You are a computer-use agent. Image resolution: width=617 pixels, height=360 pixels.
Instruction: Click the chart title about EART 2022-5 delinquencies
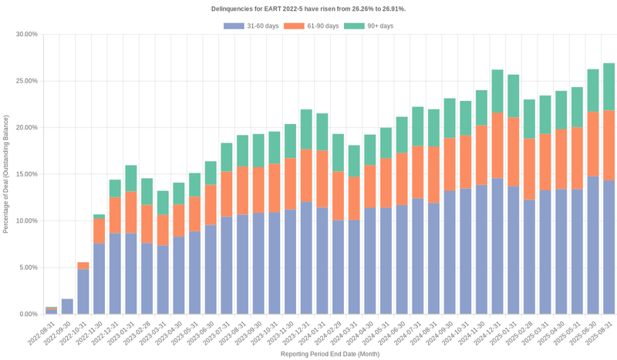[308, 8]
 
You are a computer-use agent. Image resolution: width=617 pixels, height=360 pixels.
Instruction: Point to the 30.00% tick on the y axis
[26, 34]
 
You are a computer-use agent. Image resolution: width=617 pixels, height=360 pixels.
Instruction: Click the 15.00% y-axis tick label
[26, 174]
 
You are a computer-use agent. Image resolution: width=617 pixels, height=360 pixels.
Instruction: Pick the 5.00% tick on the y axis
[28, 267]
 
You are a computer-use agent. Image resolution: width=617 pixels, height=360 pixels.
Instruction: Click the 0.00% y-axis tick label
[28, 315]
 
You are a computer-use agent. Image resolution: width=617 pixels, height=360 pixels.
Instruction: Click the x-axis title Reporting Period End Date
[329, 354]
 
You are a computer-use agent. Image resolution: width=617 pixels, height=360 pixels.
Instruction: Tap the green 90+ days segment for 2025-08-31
[609, 86]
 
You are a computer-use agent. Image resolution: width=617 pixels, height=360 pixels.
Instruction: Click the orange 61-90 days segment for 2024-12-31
[497, 146]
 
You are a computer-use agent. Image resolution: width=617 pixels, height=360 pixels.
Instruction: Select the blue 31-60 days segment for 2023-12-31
[306, 257]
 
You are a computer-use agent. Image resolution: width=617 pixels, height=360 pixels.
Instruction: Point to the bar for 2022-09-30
[68, 307]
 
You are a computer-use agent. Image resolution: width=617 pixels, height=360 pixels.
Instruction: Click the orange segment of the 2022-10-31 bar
[83, 266]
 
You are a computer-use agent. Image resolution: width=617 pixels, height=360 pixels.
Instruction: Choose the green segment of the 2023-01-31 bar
[131, 178]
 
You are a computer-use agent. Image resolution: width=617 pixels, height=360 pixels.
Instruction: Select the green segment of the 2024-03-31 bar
[354, 161]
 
